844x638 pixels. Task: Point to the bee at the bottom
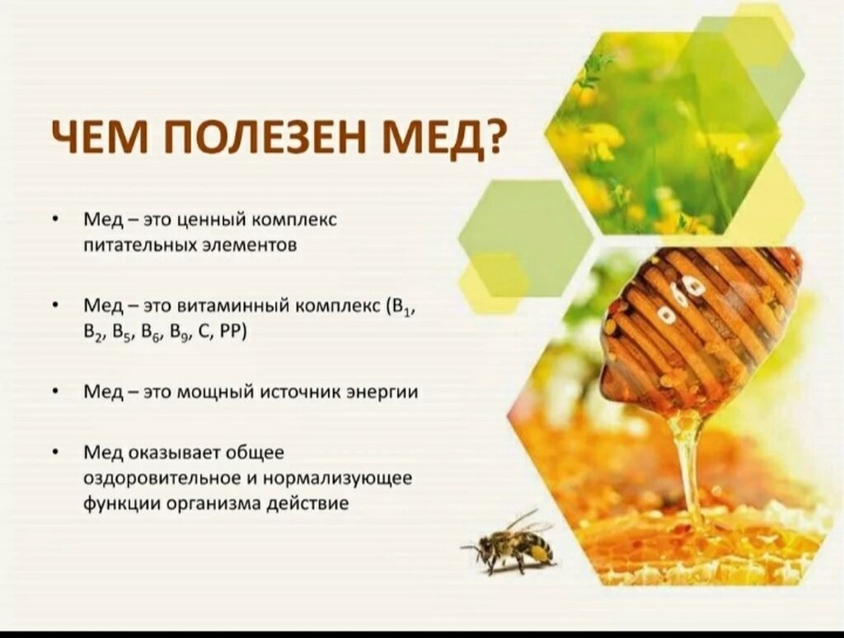(509, 542)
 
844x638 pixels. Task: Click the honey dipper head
(701, 327)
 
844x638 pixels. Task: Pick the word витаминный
(234, 306)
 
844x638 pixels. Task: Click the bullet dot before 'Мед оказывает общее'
(55, 453)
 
